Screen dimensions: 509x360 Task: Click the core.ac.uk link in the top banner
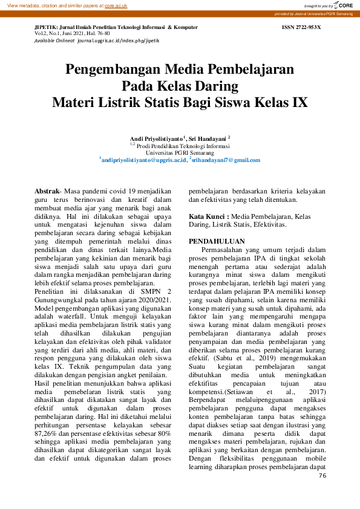[116, 5]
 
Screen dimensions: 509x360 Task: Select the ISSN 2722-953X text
[301, 28]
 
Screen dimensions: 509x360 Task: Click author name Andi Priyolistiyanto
[157, 138]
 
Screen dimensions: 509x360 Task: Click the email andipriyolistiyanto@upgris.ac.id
[143, 160]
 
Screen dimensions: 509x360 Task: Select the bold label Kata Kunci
[208, 216]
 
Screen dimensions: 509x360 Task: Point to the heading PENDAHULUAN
[217, 241]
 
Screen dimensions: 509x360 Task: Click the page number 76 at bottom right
[322, 476]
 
